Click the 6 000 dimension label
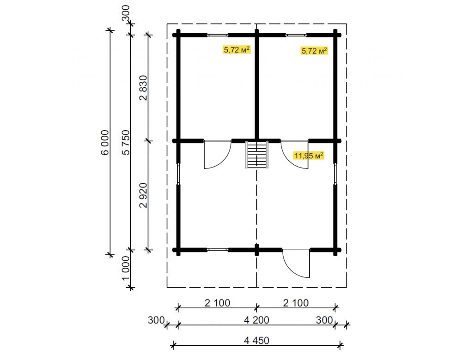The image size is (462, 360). tap(104, 143)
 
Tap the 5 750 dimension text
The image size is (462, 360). tap(126, 143)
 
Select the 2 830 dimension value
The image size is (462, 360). tap(143, 88)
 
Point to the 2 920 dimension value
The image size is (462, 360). tap(143, 195)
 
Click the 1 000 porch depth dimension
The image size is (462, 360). tap(126, 268)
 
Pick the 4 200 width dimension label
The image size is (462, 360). tap(256, 320)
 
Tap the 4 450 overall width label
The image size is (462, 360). tap(256, 341)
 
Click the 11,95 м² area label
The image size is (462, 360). tap(309, 156)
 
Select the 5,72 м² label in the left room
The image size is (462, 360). tap(237, 49)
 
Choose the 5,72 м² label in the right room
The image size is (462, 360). tap(314, 51)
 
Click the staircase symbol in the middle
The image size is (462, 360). tap(257, 155)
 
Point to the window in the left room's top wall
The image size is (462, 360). tap(218, 35)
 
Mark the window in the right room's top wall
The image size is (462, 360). tap(296, 35)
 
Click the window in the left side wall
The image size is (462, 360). tap(178, 174)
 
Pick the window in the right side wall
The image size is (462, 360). tap(335, 174)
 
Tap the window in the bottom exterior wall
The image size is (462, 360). tap(218, 250)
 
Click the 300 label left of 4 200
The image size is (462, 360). tap(156, 320)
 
